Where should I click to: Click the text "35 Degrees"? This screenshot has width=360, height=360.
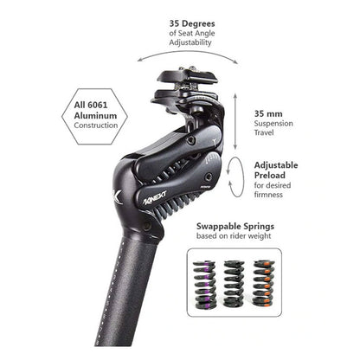coord(192,23)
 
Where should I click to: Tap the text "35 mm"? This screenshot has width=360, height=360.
coord(268,113)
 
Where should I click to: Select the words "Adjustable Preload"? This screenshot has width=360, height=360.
coord(276,170)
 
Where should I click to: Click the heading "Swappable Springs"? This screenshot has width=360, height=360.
coord(235,226)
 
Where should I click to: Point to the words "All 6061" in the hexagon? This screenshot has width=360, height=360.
coord(91,105)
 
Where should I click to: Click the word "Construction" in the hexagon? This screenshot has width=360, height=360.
coord(96,125)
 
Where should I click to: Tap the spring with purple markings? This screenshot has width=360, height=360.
coord(205,285)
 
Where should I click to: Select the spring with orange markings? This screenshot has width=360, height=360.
coord(264,284)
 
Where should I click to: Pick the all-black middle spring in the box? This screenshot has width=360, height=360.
coord(234,284)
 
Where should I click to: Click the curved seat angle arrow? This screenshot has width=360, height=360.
coord(188,51)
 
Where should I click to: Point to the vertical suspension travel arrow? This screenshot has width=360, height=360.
coord(235,121)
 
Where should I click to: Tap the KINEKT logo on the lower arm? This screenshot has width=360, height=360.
coord(155,197)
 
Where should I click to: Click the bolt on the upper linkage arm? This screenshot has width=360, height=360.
coord(190,140)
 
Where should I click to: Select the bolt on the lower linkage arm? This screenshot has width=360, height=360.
coord(208,177)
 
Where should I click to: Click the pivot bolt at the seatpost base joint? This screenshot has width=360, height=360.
coord(147,225)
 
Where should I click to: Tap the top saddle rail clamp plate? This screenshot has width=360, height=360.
coord(187,76)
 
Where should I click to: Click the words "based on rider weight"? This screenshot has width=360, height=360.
coord(234,236)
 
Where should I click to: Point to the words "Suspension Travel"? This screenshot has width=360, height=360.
coord(273,128)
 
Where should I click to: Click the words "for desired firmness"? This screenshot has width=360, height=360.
coord(273,190)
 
